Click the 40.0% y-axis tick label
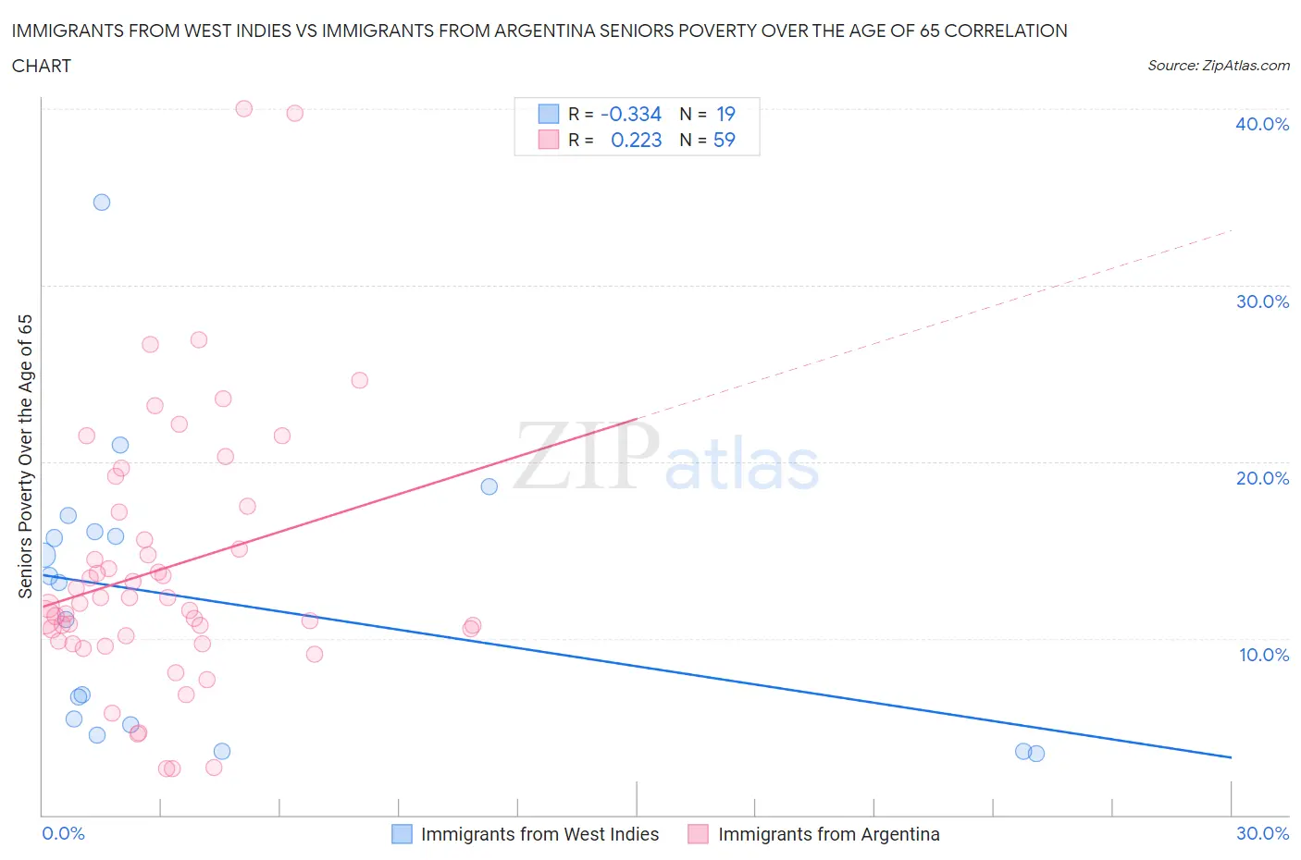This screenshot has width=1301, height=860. [1261, 124]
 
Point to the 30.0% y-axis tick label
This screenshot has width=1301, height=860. [1261, 301]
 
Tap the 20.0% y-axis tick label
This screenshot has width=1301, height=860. [1261, 478]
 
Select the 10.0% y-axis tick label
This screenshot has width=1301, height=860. [1263, 655]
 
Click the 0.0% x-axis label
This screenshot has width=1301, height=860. [63, 833]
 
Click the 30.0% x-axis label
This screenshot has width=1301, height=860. [1262, 833]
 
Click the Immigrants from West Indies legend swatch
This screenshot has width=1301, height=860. [402, 834]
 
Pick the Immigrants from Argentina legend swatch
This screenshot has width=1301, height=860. [698, 834]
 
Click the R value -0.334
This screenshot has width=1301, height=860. [631, 114]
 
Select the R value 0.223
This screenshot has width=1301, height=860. [636, 140]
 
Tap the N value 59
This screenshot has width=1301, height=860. [724, 140]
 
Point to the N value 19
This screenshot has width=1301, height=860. [725, 114]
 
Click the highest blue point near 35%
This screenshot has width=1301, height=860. [102, 203]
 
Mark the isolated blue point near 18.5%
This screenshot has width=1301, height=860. [489, 486]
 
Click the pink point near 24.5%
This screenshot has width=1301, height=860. [360, 380]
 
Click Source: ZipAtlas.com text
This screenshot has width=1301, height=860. [1218, 66]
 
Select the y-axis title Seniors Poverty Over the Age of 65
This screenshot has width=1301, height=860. [25, 456]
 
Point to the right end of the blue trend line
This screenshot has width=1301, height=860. [1231, 757]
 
